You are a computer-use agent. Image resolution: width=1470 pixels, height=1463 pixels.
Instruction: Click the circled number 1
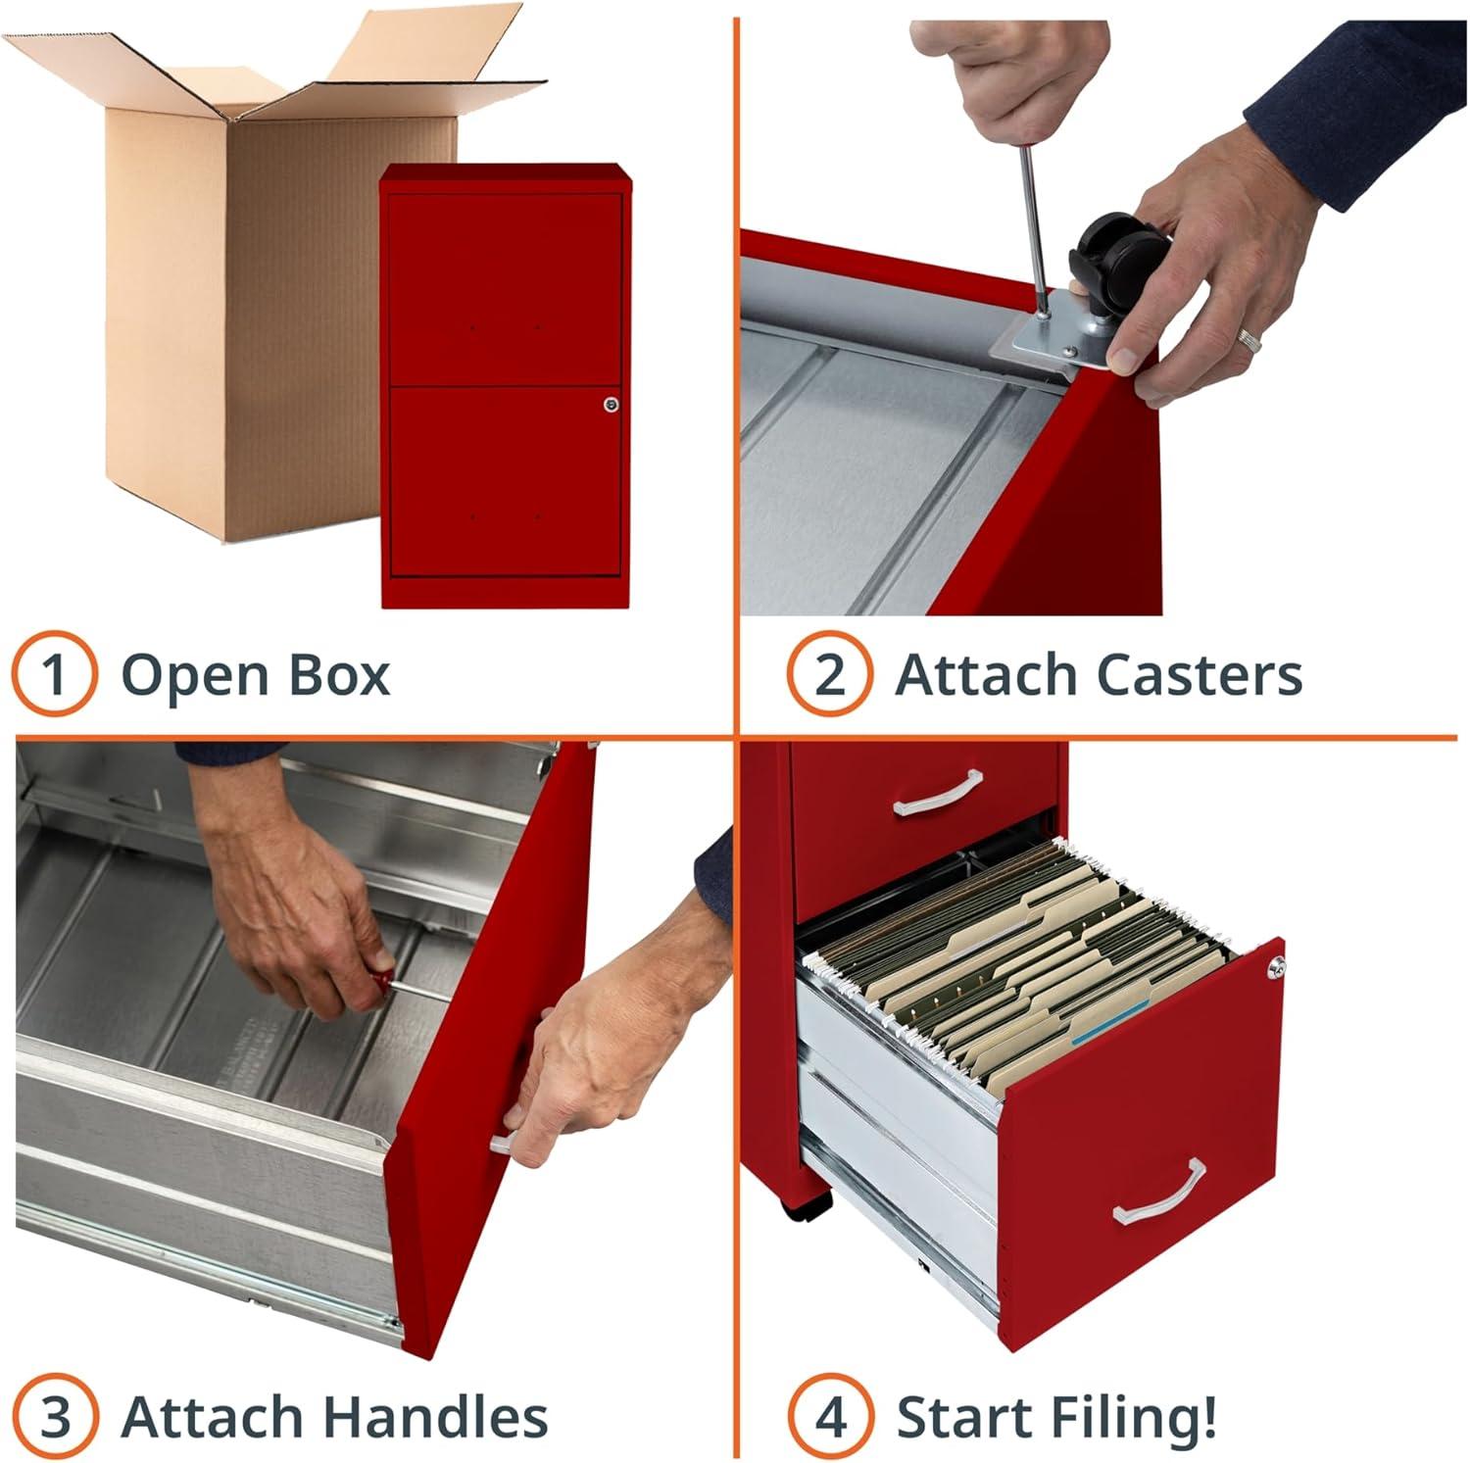(x=55, y=674)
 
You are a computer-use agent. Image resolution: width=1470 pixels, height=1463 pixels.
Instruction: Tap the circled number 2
(x=829, y=674)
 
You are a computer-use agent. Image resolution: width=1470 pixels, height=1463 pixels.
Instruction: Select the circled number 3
(x=55, y=1416)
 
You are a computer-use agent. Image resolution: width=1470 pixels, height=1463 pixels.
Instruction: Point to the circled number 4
(x=830, y=1416)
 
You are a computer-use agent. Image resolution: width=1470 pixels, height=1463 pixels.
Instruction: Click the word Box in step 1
(x=337, y=674)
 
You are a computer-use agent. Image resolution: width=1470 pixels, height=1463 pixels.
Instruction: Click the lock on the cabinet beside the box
(x=612, y=404)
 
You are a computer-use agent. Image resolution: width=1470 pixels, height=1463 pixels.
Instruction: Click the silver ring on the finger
(x=1249, y=340)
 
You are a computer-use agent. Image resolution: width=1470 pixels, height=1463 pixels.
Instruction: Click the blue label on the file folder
(x=1109, y=1020)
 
